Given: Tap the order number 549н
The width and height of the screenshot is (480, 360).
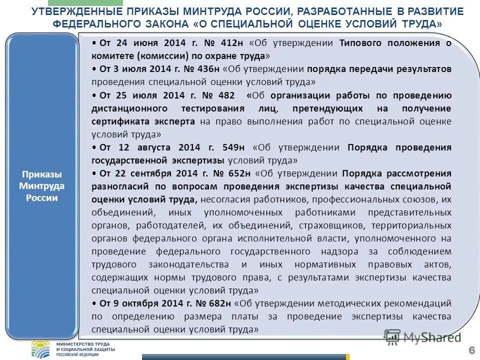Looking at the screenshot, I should [233, 147].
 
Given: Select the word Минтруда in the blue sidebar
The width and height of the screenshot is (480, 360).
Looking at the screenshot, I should [42, 186].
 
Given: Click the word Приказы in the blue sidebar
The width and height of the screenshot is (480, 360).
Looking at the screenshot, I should [42, 174].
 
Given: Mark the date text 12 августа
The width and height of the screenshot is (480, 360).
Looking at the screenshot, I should [145, 147].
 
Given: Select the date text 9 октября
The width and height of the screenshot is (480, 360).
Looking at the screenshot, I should [141, 303].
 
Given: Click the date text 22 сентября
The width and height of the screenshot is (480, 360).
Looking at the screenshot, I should [148, 173].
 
